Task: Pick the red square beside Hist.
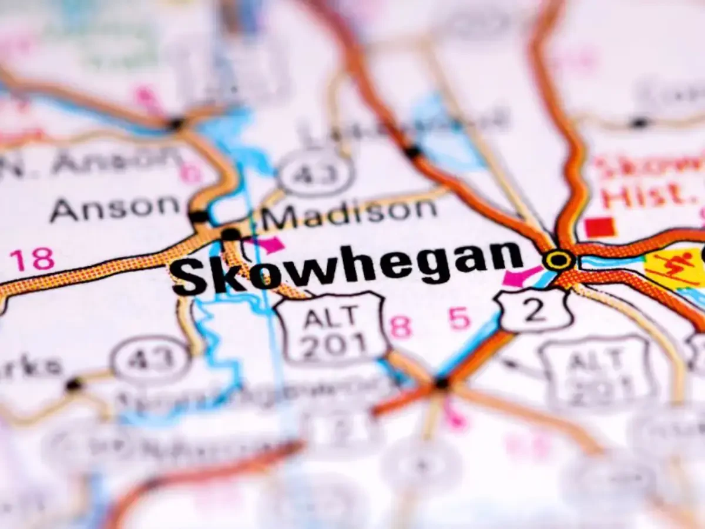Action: tap(600, 227)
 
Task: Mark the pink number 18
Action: tap(32, 259)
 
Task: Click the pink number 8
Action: tap(401, 326)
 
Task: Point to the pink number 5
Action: tap(459, 319)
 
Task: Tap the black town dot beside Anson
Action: tap(199, 216)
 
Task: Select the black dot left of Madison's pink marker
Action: tap(231, 234)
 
